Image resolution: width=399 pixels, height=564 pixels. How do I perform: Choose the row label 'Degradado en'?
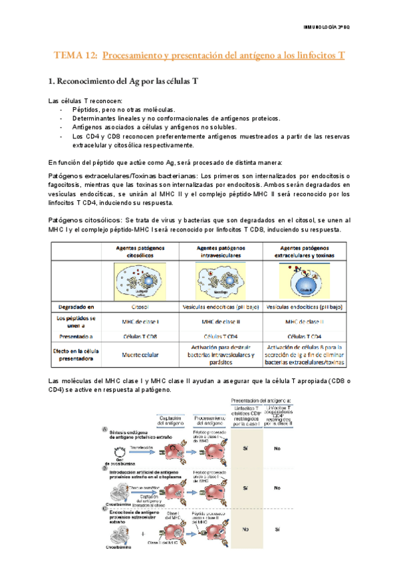pyautogui.click(x=75, y=307)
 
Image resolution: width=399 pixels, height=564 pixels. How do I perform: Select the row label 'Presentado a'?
pyautogui.click(x=75, y=338)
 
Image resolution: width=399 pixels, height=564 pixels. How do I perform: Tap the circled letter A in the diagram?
pyautogui.click(x=103, y=429)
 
